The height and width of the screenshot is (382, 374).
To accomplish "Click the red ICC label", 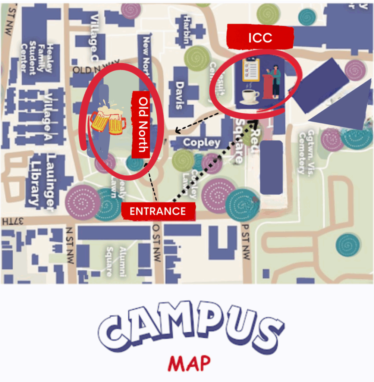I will [260, 38].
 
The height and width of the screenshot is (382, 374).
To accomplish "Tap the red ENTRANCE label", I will [158, 212].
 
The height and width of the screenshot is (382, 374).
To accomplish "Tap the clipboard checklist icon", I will [251, 69].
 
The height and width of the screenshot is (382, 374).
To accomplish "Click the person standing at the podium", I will [274, 81].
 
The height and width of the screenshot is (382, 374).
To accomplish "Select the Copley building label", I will [202, 143].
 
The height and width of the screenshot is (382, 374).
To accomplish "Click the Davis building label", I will [179, 95].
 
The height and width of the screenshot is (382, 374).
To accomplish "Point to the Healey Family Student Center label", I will [41, 59].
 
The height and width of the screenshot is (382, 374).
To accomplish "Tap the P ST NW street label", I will [246, 242].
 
